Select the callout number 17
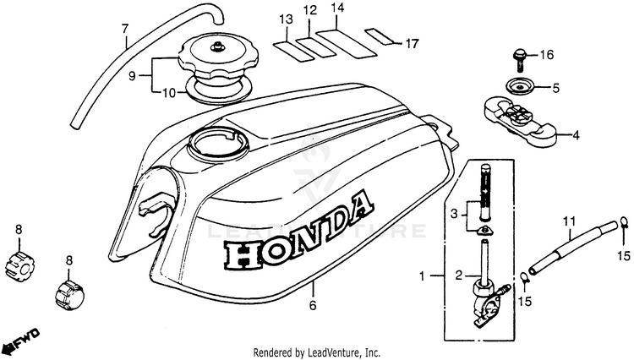coord(412,42)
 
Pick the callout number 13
coord(286,19)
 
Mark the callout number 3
coord(452,214)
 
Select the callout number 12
coord(310,11)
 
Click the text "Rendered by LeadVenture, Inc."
coord(317,352)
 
